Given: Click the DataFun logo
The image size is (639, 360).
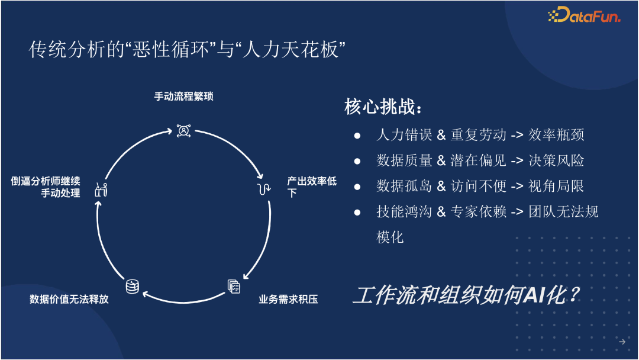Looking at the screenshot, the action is click(x=583, y=16).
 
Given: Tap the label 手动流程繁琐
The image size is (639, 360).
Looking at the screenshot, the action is click(x=183, y=97).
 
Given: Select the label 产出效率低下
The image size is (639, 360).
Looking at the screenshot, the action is click(x=311, y=187).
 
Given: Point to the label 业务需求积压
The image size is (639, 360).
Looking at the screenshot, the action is click(x=288, y=299).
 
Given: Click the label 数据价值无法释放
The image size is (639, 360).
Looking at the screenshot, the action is click(x=69, y=299).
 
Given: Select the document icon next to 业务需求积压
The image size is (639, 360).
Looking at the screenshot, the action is click(x=234, y=286).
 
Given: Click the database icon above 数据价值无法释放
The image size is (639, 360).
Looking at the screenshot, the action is click(x=132, y=286).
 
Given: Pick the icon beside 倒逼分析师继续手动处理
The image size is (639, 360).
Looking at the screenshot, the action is click(x=101, y=190).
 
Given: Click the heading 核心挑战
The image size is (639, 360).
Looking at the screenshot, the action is click(x=384, y=108).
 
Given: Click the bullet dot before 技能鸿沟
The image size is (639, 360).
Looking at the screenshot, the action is click(x=357, y=211).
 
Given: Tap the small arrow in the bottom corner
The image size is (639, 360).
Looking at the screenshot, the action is click(x=622, y=342).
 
